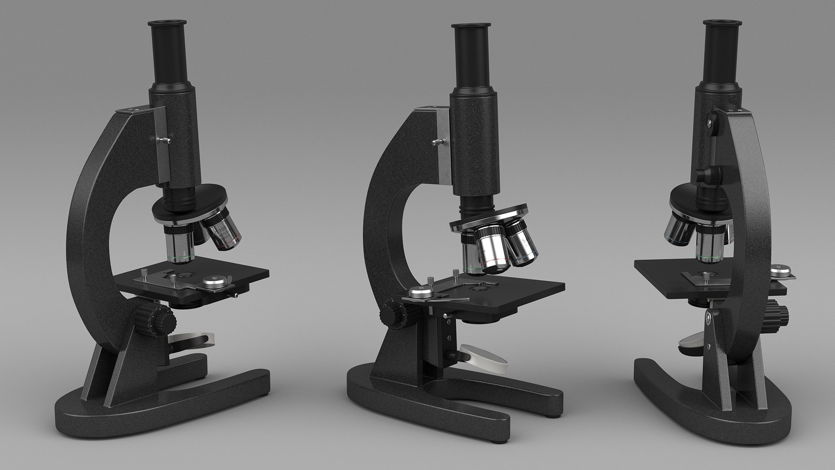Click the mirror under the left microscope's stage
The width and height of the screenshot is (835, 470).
coord(194,339)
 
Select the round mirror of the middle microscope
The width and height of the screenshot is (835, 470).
coord(484,357)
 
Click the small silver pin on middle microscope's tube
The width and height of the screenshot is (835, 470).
coord(438,141)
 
